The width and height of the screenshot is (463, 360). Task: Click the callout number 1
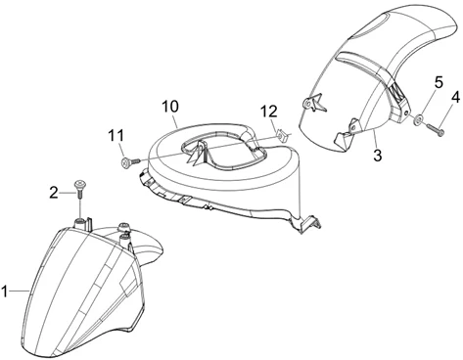tap(4, 292)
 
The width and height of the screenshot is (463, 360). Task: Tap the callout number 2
tap(54, 193)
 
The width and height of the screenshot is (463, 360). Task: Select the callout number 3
tap(377, 156)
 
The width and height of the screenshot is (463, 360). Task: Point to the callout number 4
tap(455, 97)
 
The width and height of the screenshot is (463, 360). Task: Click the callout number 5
tap(439, 82)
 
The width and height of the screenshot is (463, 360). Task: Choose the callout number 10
tap(170, 107)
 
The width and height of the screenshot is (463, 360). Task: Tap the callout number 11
tap(116, 136)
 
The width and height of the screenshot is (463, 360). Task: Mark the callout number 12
tap(269, 112)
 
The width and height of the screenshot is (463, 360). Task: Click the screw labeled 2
tap(79, 189)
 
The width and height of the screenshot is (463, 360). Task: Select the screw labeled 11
tap(130, 162)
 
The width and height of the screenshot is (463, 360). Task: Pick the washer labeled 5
tap(418, 119)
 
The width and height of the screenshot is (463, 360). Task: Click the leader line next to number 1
tap(19, 291)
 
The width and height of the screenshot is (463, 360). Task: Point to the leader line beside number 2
tap(68, 193)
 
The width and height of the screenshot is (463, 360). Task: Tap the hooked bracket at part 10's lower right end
tap(310, 224)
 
